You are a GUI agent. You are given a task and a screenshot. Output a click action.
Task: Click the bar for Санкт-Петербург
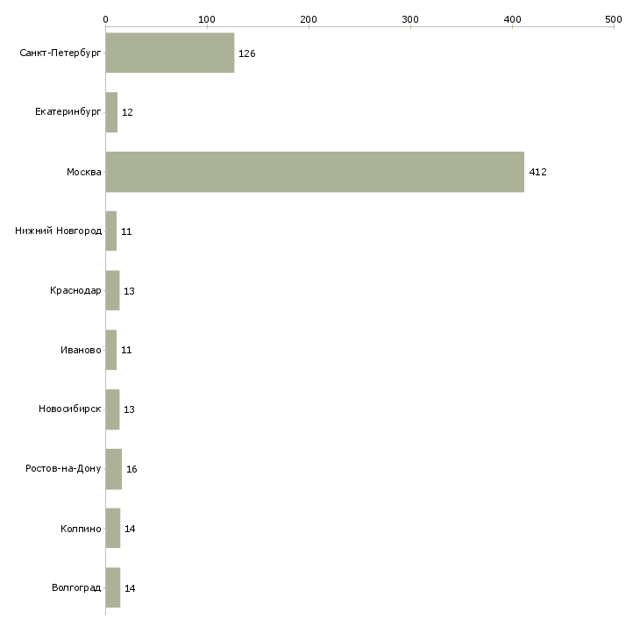coord(170,53)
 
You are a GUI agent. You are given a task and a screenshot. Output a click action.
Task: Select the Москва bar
coord(315,172)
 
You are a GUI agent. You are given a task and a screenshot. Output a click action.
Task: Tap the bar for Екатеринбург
coord(111,112)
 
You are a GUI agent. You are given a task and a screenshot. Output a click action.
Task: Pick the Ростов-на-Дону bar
coord(113,469)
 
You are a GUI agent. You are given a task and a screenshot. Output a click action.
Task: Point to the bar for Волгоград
coord(112,587)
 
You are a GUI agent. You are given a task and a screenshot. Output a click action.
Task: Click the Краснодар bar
coord(112,290)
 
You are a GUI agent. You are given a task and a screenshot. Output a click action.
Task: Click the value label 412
coord(537,172)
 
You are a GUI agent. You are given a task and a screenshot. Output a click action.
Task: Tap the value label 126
coord(247,53)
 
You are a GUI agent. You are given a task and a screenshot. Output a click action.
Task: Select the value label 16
coord(132,469)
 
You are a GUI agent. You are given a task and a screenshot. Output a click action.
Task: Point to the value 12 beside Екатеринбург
coord(127,112)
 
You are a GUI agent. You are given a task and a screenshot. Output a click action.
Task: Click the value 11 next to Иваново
coord(126,350)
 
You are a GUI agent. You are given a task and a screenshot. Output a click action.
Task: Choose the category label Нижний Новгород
coord(58,231)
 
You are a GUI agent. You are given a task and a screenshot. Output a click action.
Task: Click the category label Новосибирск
coord(70,409)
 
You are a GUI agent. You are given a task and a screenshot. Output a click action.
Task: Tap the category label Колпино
coord(81,529)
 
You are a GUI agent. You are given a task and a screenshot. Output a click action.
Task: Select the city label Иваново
coord(81,350)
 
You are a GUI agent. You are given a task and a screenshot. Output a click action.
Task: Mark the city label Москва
coord(83,172)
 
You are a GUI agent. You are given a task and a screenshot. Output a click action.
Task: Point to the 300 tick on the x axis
coord(410,19)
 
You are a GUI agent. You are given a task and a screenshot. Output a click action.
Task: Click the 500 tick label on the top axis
coord(614,19)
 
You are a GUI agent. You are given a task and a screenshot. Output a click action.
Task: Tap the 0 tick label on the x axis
coord(106,19)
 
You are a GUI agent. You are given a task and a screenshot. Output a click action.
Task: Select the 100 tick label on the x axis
coord(207,19)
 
